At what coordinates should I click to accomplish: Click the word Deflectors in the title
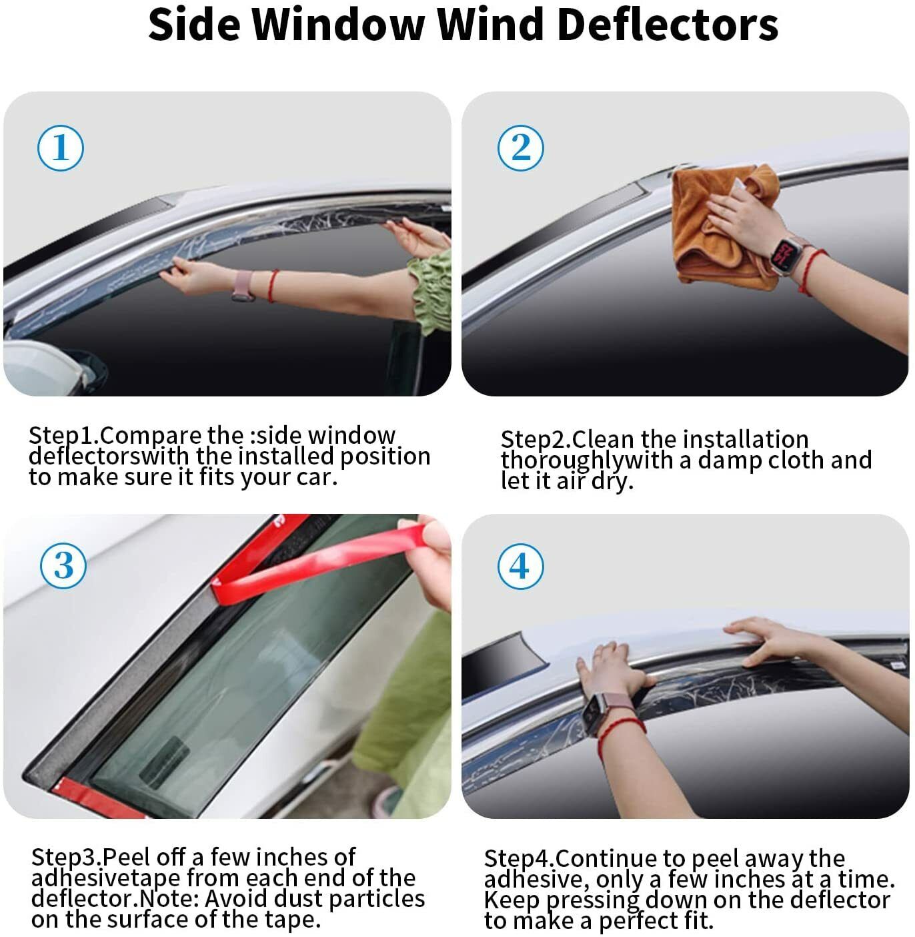point(668,25)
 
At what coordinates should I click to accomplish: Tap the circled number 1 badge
point(61,147)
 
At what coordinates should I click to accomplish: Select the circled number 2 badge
point(520,147)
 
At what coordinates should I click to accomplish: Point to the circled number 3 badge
point(63,565)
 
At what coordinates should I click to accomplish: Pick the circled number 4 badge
point(520,566)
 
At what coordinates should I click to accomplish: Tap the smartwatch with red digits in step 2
point(785,255)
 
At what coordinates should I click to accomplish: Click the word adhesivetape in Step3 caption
point(106,879)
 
